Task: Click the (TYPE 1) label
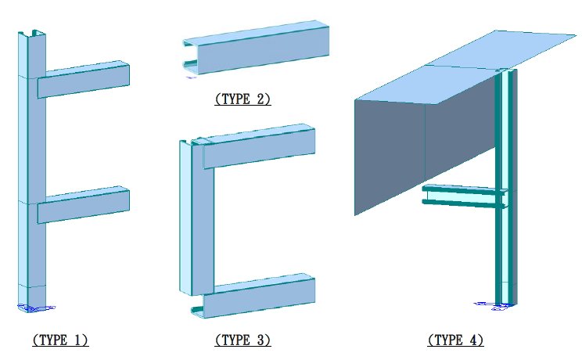[x=60, y=340]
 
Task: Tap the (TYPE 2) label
[x=242, y=99]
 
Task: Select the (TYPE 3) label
[x=242, y=340]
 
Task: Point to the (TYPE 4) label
[x=455, y=340]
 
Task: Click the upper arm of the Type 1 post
[x=84, y=79]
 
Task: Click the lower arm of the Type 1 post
[x=84, y=205]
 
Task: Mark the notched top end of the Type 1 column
[x=32, y=34]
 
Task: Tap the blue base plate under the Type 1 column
[x=36, y=308]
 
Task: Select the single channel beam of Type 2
[x=256, y=47]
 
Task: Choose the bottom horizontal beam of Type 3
[x=253, y=296]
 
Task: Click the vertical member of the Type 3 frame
[x=196, y=218]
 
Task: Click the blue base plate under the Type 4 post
[x=494, y=306]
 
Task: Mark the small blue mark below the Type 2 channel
[x=191, y=77]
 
